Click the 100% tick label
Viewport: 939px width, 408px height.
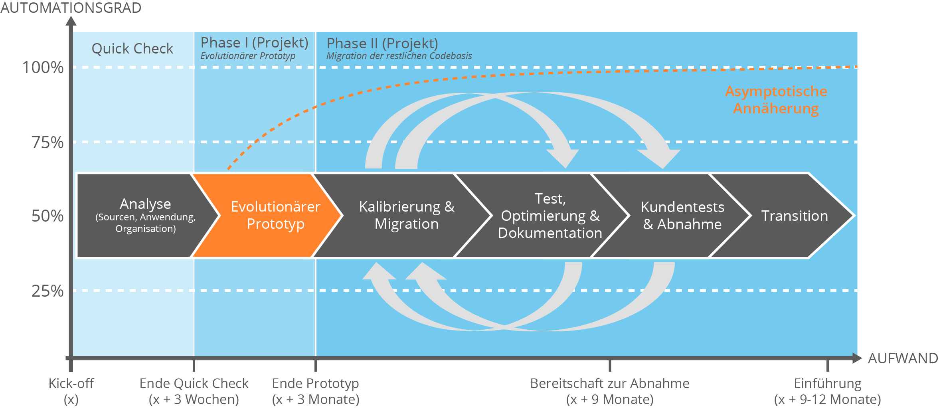[43, 67]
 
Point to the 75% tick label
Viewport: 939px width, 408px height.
[47, 143]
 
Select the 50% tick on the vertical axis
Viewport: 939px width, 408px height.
[47, 216]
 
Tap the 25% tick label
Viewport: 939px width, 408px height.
[47, 291]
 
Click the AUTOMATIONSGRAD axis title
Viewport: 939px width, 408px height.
[71, 8]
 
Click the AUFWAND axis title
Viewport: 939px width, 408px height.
[903, 358]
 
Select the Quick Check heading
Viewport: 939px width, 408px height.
[132, 49]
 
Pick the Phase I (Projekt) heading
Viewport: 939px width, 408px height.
[254, 43]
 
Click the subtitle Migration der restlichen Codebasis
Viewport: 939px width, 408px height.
[399, 56]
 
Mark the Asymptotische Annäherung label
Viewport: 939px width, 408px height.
[776, 100]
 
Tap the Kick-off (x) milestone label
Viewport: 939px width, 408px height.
[71, 391]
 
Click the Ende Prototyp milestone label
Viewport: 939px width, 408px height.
[315, 391]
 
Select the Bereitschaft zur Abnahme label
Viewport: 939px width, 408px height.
[609, 391]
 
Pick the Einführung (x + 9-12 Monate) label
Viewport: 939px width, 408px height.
[827, 391]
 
